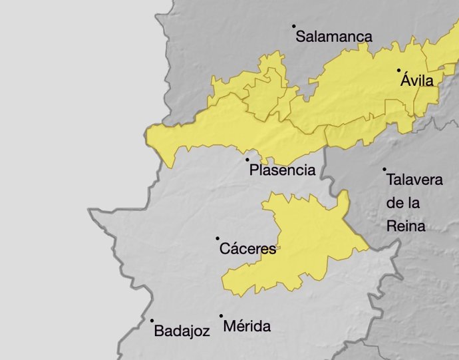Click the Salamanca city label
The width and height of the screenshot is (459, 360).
pyautogui.click(x=334, y=37)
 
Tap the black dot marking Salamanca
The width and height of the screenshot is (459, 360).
pyautogui.click(x=293, y=27)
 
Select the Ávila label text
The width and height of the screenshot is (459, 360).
pyautogui.click(x=417, y=81)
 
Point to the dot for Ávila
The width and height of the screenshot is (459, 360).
pyautogui.click(x=398, y=70)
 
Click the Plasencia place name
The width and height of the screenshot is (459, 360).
pyautogui.click(x=282, y=170)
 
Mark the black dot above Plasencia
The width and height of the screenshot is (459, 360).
pyautogui.click(x=247, y=160)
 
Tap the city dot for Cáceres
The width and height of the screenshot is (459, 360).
pyautogui.click(x=218, y=238)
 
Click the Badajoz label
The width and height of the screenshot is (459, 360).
pyautogui.click(x=182, y=330)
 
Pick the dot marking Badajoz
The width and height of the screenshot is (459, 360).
pyautogui.click(x=152, y=320)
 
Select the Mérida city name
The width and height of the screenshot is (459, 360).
pyautogui.click(x=247, y=327)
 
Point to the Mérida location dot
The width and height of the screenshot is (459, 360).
pyautogui.click(x=222, y=317)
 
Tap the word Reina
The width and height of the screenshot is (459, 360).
pyautogui.click(x=406, y=227)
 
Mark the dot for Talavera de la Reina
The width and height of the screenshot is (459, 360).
pyautogui.click(x=384, y=170)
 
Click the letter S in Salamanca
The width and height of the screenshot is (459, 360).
pyautogui.click(x=301, y=37)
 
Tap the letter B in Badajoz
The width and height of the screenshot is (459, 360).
pyautogui.click(x=158, y=330)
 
